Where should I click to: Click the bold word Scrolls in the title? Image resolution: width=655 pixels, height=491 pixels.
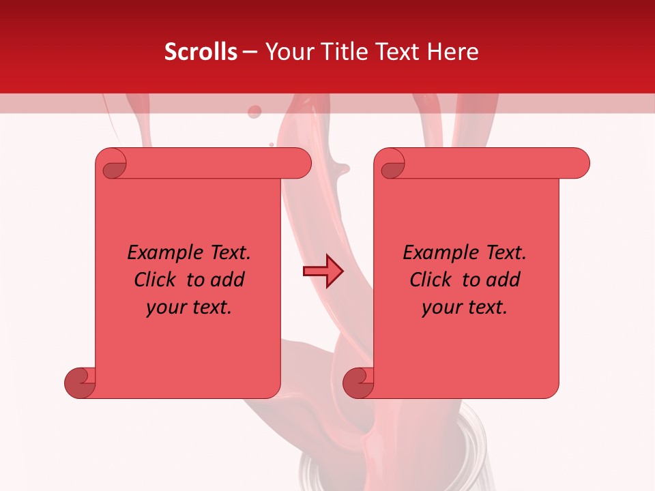tap(201, 52)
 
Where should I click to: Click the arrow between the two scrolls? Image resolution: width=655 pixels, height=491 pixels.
tap(323, 271)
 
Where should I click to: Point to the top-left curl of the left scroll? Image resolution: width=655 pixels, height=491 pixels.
tap(113, 164)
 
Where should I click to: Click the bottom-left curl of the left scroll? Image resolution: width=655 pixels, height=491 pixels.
tap(80, 383)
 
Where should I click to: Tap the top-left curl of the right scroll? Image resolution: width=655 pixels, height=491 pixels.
tap(392, 164)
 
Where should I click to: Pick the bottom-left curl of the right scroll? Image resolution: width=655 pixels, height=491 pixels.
tap(358, 383)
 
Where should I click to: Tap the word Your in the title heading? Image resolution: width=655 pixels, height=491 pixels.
tap(286, 52)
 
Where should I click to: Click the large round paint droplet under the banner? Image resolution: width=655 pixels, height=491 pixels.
tap(254, 112)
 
